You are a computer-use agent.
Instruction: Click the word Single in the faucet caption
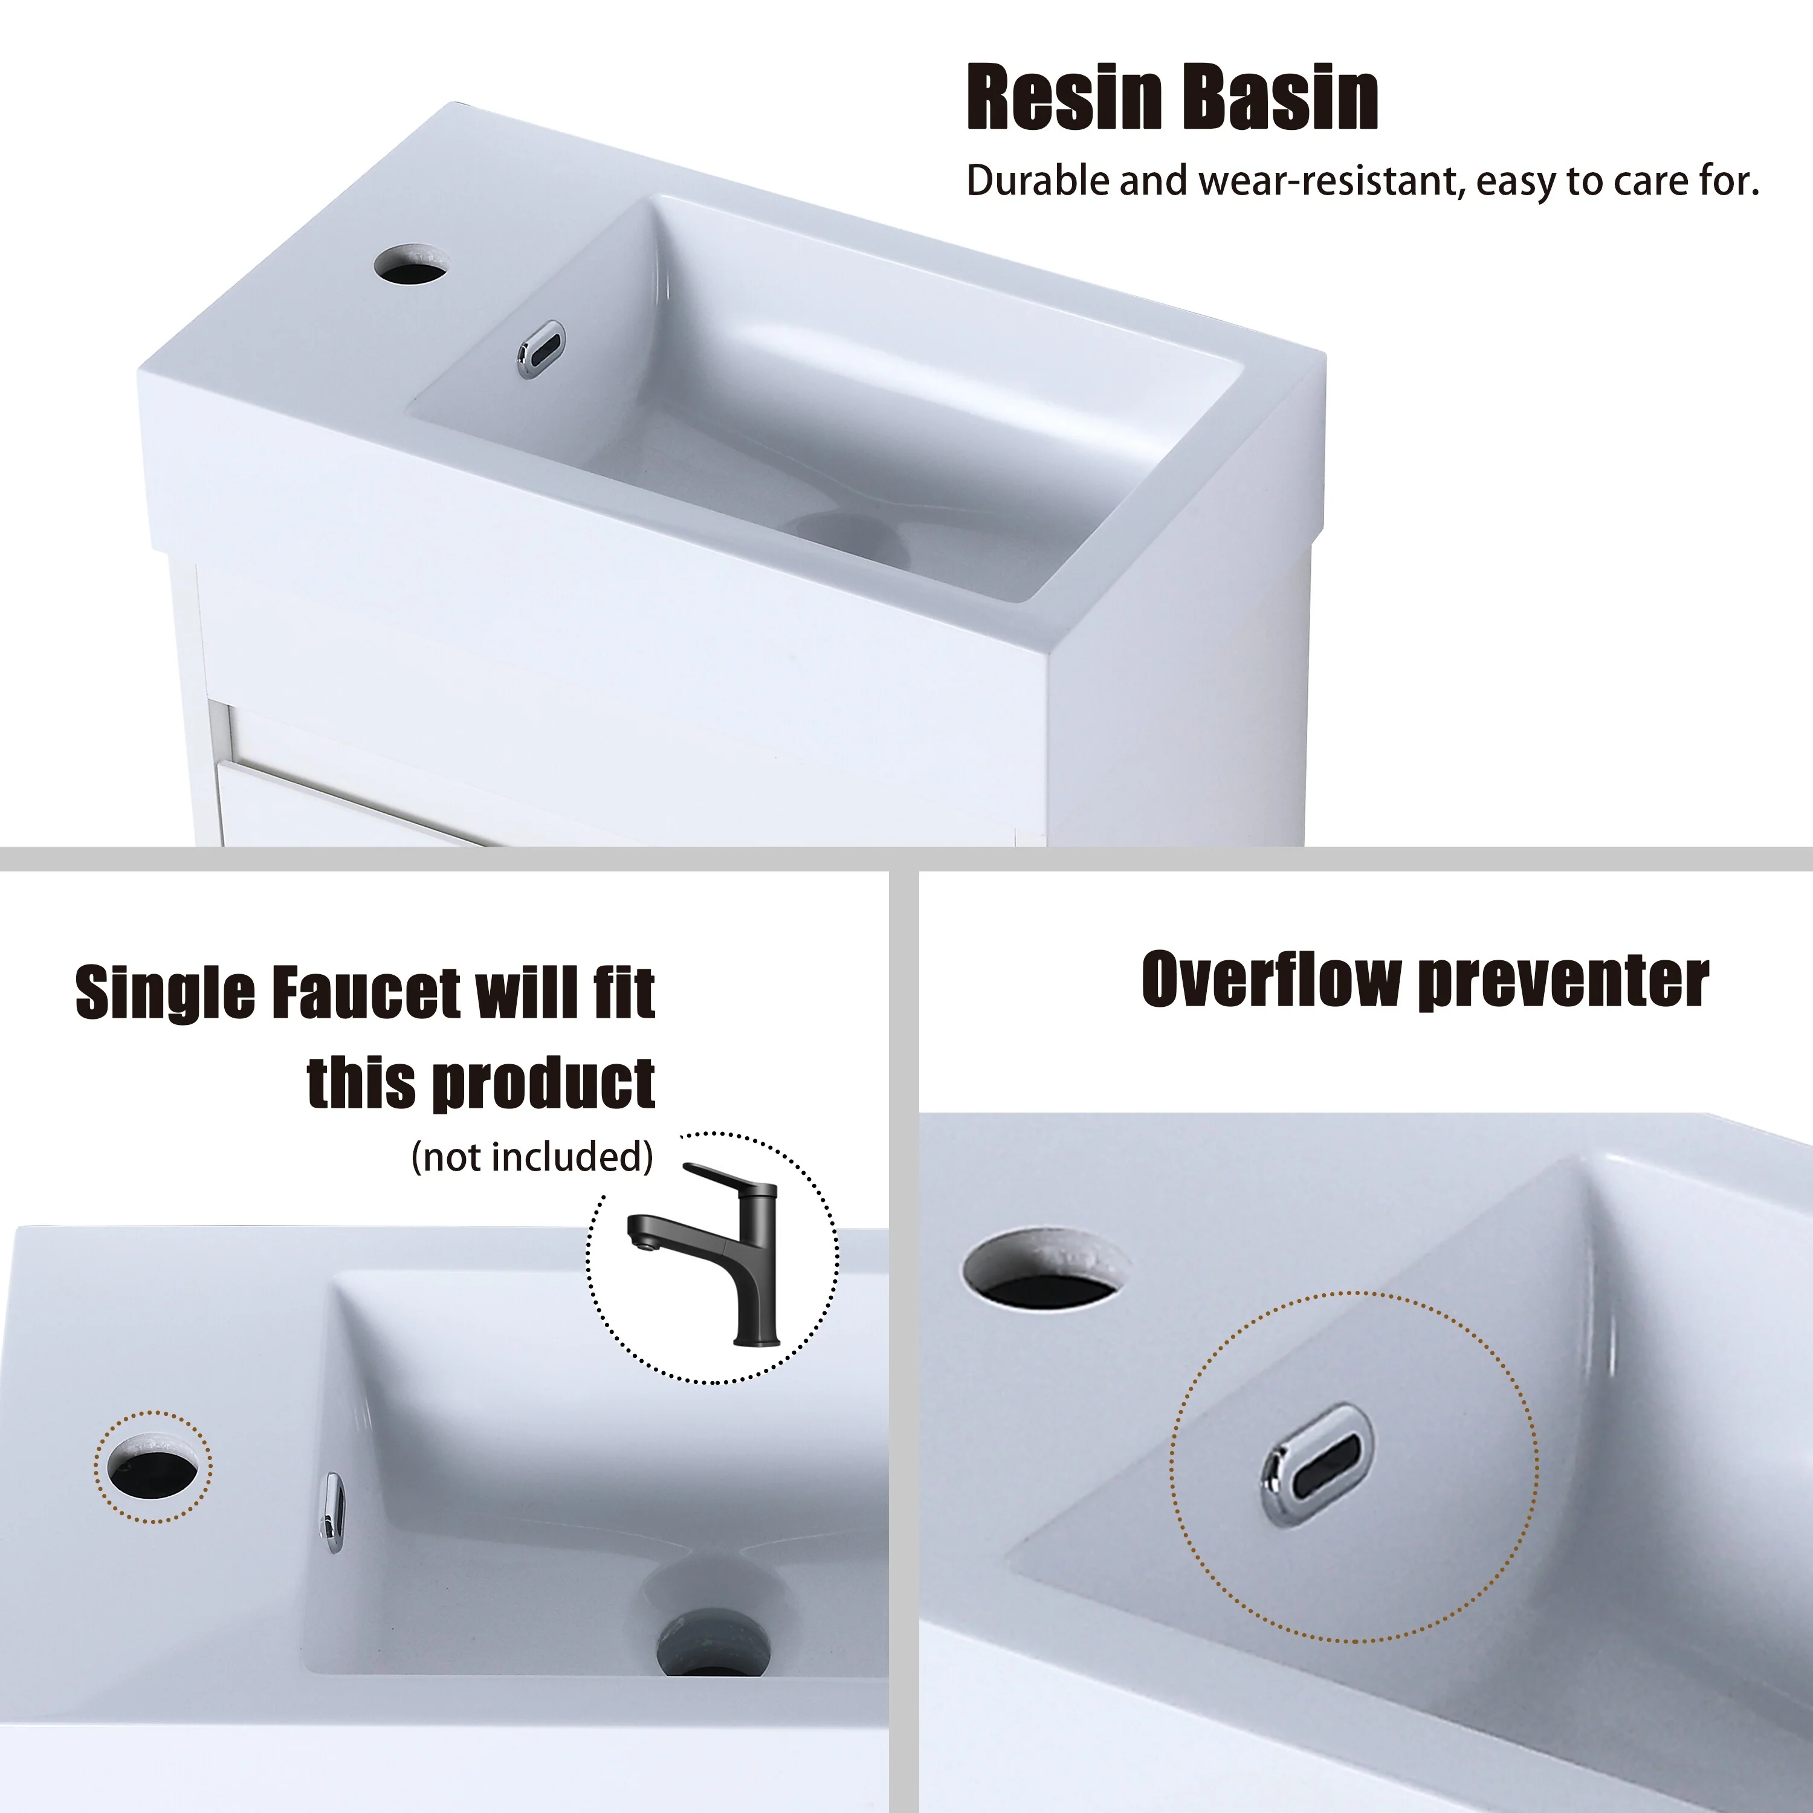[x=164, y=993]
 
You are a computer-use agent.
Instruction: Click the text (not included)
[x=532, y=1157]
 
